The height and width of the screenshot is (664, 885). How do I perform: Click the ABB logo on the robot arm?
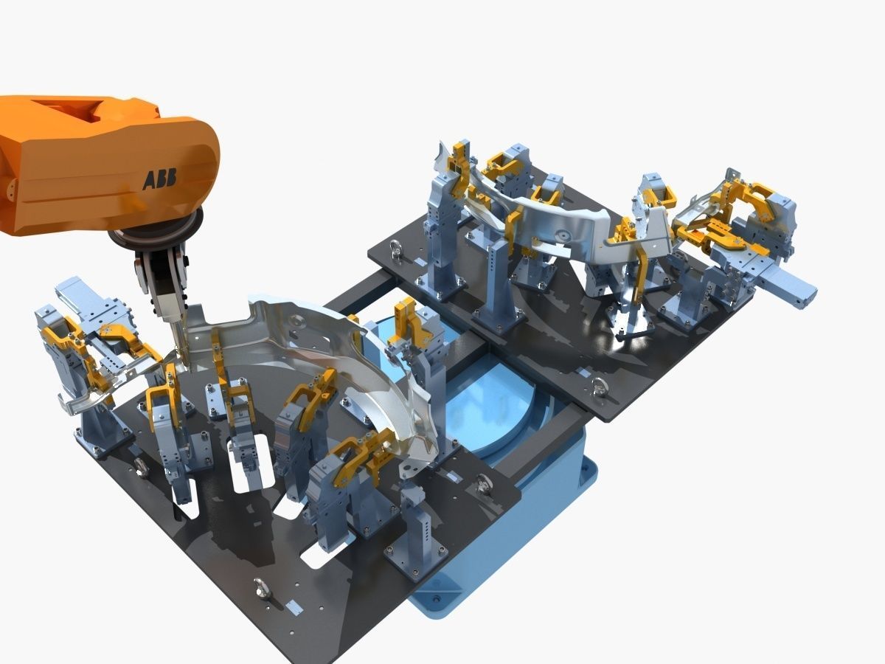pos(159,179)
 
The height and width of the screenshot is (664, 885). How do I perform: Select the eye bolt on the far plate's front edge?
pos(602,383)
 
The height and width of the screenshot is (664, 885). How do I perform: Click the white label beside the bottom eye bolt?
pos(294,607)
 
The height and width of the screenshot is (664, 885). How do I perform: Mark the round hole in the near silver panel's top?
pos(296,320)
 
